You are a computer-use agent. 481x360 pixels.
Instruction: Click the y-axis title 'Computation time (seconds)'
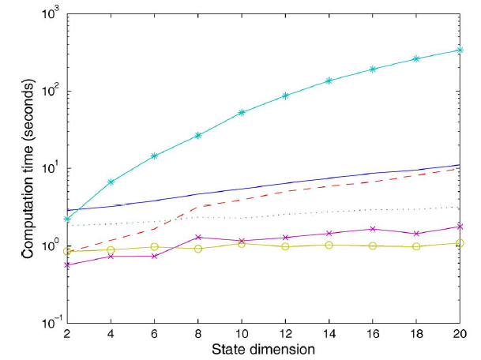click(25, 167)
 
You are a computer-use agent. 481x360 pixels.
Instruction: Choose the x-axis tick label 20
click(459, 334)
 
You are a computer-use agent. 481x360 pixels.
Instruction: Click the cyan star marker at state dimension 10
click(242, 112)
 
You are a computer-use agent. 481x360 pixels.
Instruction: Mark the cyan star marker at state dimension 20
click(460, 50)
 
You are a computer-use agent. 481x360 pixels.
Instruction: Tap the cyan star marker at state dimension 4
click(111, 182)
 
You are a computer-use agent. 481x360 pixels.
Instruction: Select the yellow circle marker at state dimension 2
click(68, 251)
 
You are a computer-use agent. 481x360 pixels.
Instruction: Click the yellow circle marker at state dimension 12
click(285, 246)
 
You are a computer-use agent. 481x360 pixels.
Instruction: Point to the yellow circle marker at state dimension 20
click(460, 242)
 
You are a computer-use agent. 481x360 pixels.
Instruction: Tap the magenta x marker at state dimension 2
click(68, 264)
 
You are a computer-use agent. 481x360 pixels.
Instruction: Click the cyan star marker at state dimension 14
click(329, 81)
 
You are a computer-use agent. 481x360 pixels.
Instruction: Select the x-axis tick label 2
click(68, 334)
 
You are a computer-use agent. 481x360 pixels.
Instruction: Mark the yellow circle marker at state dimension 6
click(155, 247)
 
